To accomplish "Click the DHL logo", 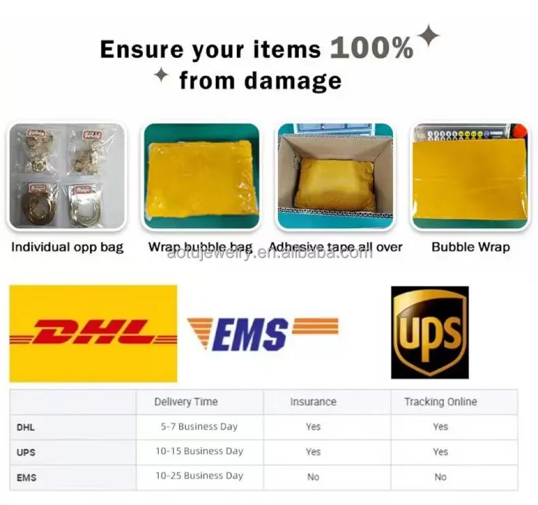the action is pos(93,333).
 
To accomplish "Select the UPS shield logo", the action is pos(430,333).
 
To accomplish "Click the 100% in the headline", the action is pos(372,48).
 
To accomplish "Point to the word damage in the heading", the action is pos(293,81).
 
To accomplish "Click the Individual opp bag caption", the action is pos(67,247).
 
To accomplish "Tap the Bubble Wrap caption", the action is pos(471,247).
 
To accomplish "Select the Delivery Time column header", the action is pos(186,401).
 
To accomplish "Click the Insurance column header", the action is pos(313,401).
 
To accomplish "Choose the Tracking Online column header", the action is pos(441,401).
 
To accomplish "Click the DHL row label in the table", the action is pos(25,427).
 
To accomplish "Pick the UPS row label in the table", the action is pos(26,453).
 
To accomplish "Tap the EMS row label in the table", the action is pos(27,478).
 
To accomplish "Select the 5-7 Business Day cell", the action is pos(200,427).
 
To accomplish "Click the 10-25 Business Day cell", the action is pos(200,476).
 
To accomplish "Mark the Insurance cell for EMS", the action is pos(313,477).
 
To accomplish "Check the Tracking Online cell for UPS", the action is pos(441,452).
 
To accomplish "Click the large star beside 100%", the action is pos(428,35).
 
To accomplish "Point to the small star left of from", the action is pos(161,75).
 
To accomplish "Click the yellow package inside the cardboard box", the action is pos(335,185).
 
